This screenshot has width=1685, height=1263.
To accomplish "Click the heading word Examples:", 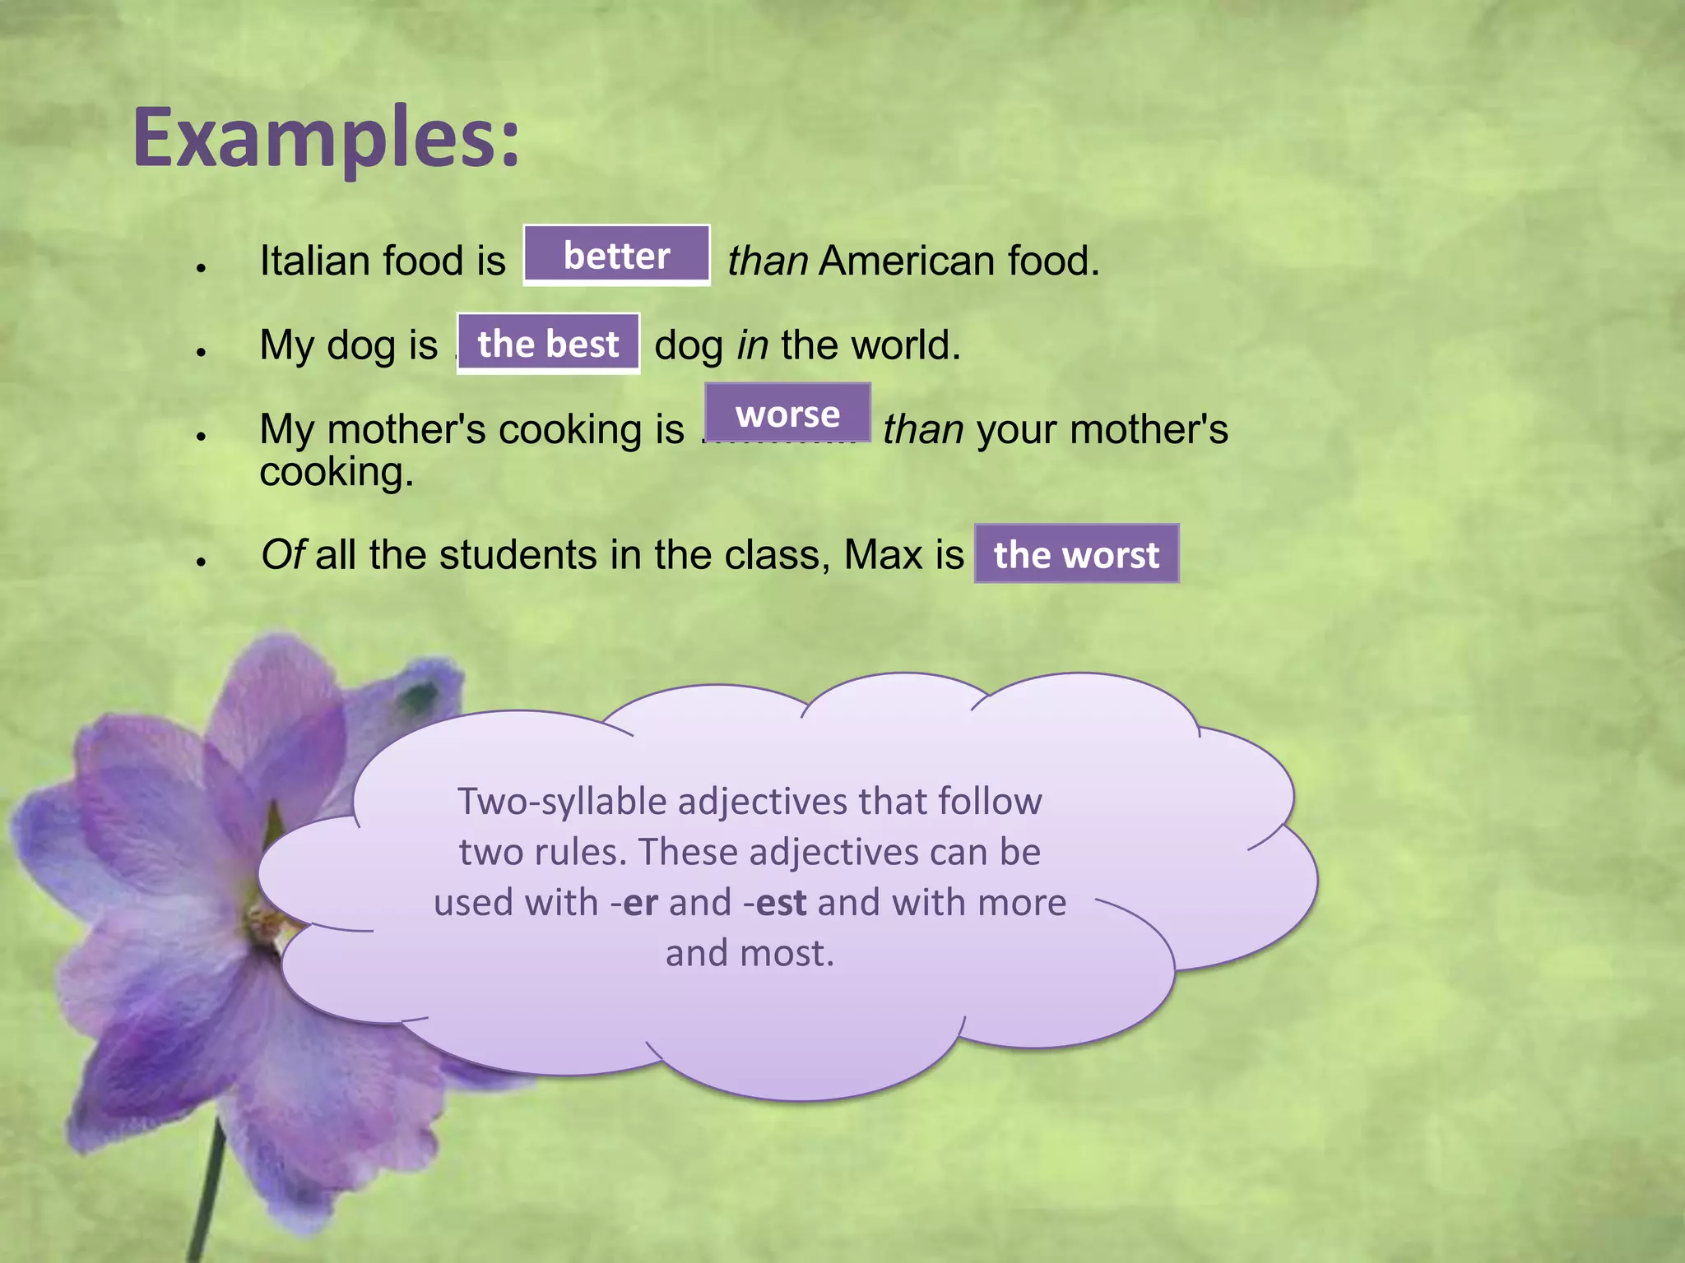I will click(327, 138).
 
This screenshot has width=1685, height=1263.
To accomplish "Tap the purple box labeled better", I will click(616, 256).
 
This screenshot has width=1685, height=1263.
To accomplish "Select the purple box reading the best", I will click(548, 344).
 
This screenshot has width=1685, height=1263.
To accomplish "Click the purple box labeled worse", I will click(787, 414).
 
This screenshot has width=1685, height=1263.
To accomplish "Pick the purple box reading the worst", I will click(1076, 554).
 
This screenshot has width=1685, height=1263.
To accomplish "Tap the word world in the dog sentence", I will click(903, 345).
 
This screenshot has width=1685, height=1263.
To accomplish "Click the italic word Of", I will click(283, 554).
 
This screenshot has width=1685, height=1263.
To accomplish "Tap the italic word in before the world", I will click(752, 345).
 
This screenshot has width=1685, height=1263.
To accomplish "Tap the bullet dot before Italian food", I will click(200, 267).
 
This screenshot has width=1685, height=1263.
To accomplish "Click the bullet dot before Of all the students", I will click(200, 562).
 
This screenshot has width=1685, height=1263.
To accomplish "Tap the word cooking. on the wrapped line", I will click(336, 473).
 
